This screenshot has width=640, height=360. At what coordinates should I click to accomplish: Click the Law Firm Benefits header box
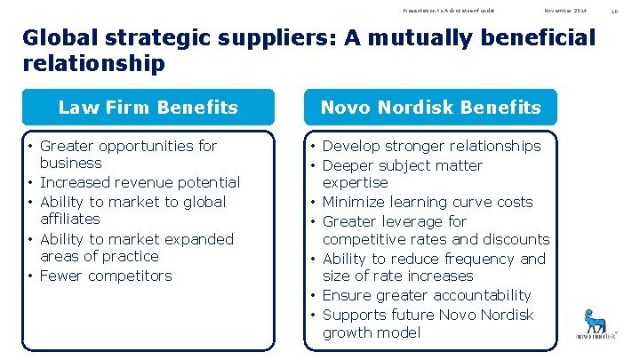[x=148, y=108]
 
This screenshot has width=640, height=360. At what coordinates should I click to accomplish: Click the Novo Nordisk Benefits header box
[x=430, y=108]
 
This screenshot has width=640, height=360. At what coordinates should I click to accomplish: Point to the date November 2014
[x=566, y=10]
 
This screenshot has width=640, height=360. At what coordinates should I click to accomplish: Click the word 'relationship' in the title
[x=94, y=64]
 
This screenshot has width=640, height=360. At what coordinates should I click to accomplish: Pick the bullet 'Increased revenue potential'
[x=140, y=182]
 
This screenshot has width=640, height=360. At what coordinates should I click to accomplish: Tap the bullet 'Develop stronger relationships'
[x=431, y=146]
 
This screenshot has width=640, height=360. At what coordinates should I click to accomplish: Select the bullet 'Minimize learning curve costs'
[x=427, y=202]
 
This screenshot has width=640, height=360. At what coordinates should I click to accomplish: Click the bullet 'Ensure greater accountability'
[x=426, y=295]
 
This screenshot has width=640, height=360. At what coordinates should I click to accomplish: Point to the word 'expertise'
[x=356, y=182]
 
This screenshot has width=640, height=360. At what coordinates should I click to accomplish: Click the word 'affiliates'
[x=70, y=219]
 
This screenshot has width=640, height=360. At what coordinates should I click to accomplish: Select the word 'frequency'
[x=475, y=259]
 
